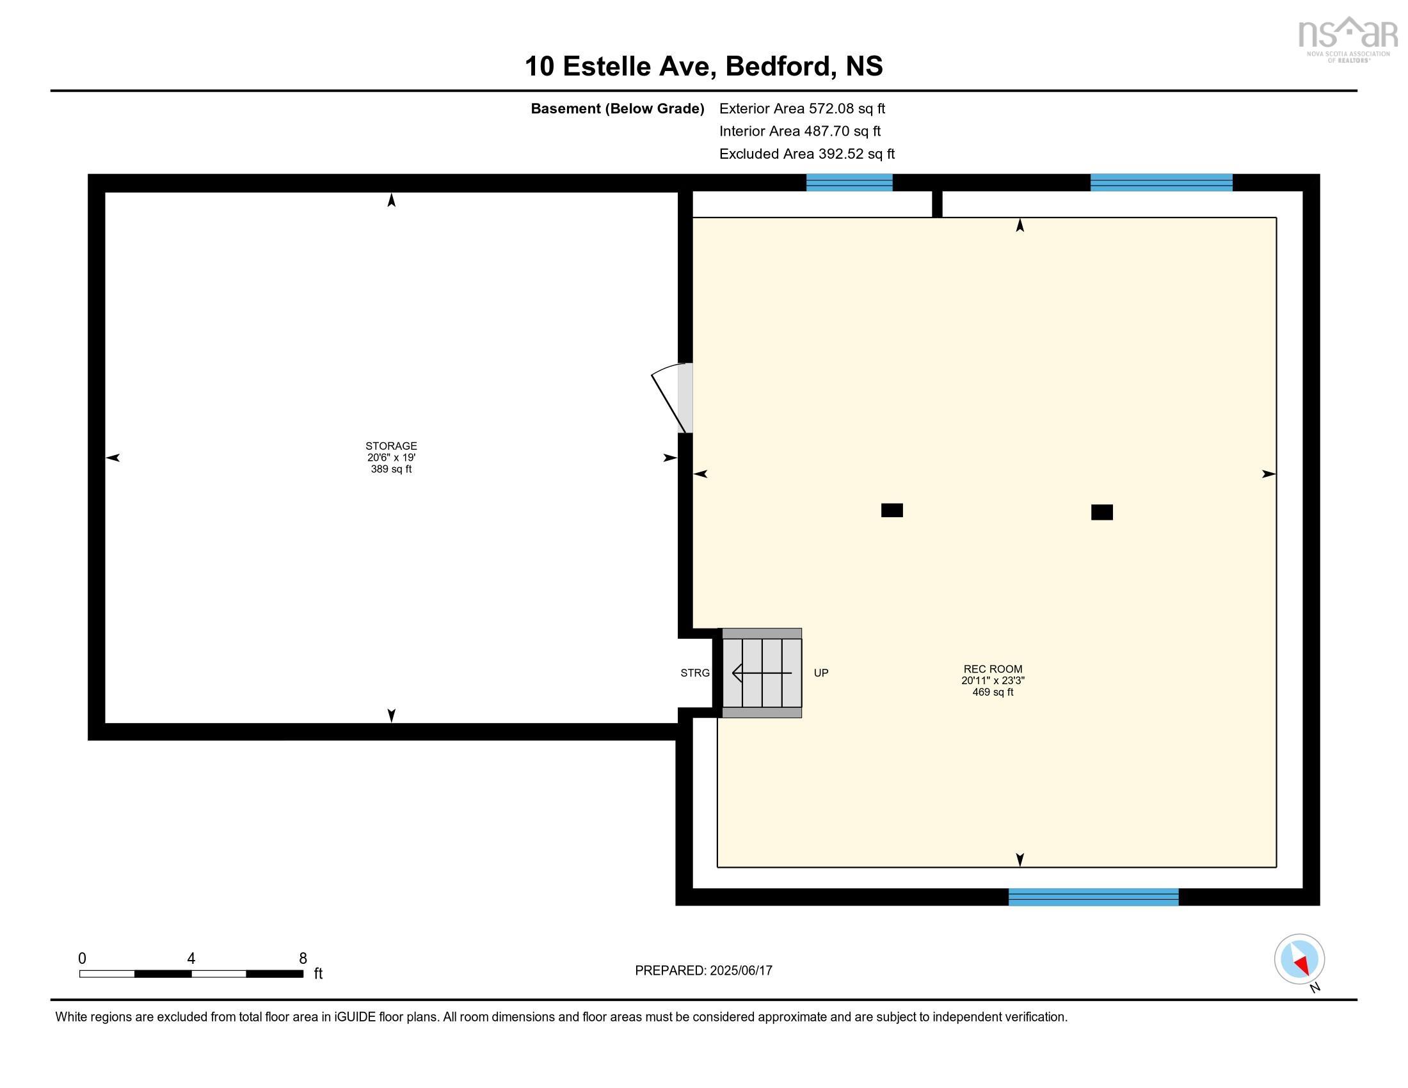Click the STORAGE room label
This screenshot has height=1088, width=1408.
tap(390, 446)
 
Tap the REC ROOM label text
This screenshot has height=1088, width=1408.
tap(992, 669)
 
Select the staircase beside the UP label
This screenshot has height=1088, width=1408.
tap(762, 673)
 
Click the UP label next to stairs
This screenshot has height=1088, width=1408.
tap(820, 673)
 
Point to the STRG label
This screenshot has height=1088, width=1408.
tap(694, 673)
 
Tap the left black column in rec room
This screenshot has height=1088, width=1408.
tap(892, 511)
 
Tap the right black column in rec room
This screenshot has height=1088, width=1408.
tap(1101, 513)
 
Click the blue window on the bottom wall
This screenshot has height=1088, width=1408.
tap(1092, 897)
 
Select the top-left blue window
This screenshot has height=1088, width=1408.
tap(849, 183)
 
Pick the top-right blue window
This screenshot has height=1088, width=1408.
tap(1160, 183)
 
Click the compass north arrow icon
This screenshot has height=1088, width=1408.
tap(1299, 959)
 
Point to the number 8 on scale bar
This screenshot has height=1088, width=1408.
tap(303, 959)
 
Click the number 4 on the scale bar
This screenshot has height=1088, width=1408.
tap(191, 959)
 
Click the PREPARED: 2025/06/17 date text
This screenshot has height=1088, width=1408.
tap(703, 971)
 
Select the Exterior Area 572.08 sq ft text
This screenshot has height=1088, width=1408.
tap(802, 109)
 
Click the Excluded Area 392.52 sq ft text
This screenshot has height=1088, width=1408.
tap(806, 154)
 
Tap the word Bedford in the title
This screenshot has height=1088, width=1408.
tap(777, 67)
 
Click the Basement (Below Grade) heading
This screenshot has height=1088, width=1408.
tap(617, 109)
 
